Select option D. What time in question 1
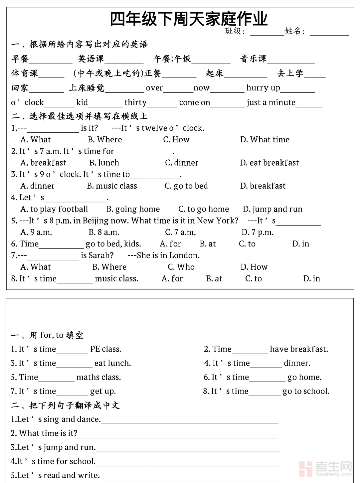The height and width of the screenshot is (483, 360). pos(265,140)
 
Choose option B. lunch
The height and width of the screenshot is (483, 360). pos(104,163)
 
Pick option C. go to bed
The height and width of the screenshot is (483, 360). pos(186,186)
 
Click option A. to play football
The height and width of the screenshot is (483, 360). pos(54,209)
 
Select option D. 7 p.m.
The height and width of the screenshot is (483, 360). pos(257,232)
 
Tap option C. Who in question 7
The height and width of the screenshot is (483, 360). pos(181,267)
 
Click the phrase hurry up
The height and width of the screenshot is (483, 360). pos(263,88)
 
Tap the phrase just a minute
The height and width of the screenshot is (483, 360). pos(271,102)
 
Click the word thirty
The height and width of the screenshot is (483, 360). pos(135,102)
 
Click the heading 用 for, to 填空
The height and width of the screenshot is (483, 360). pos(47,335)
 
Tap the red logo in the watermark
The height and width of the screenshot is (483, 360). pos(305,468)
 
